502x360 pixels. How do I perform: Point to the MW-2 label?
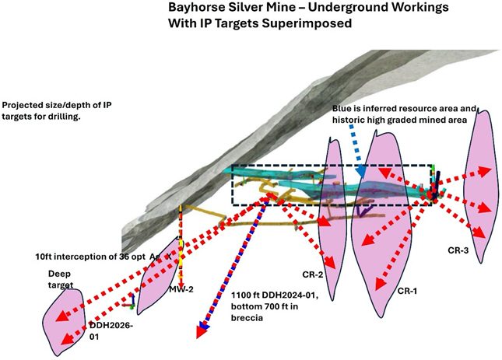coord(181,289)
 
